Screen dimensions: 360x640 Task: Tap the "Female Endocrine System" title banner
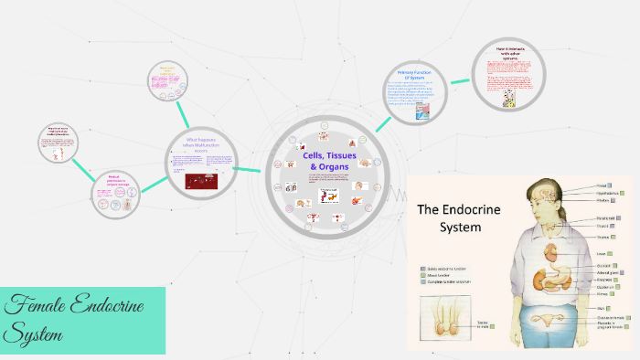82,320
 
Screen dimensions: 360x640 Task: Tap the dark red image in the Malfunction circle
202,181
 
